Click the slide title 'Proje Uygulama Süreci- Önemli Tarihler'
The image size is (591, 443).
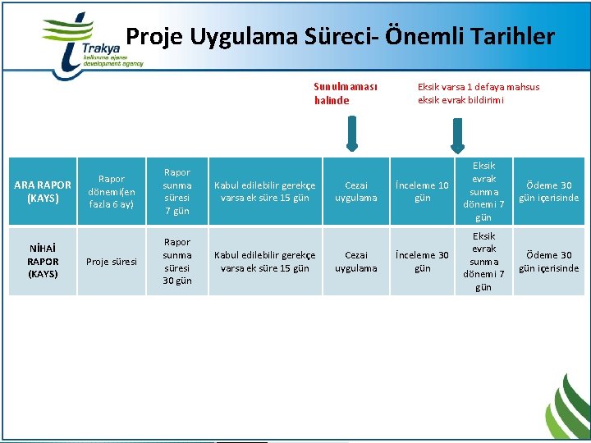click(340, 37)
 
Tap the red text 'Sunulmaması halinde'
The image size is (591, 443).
click(345, 94)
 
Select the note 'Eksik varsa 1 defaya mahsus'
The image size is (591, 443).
click(479, 87)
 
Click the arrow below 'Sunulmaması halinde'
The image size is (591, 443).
click(351, 134)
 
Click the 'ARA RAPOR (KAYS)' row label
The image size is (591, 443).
click(43, 191)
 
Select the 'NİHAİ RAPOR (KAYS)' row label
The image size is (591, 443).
click(43, 261)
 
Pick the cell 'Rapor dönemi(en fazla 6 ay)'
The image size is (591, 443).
click(112, 191)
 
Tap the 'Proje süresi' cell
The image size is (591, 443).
click(112, 262)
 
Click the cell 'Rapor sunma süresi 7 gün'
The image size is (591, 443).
click(176, 191)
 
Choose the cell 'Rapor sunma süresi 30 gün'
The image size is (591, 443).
click(176, 262)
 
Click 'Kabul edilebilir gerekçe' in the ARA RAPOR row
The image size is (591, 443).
click(264, 191)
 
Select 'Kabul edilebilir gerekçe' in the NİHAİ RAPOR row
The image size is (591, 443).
click(264, 262)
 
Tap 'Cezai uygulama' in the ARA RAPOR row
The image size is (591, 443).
click(361, 191)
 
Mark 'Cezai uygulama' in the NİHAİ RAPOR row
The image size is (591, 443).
click(361, 262)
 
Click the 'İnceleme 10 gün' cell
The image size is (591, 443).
click(422, 191)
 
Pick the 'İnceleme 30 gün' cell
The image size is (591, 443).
click(422, 262)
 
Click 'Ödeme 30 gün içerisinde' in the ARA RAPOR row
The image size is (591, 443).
click(548, 191)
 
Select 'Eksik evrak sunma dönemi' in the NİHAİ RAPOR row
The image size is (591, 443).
click(483, 262)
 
